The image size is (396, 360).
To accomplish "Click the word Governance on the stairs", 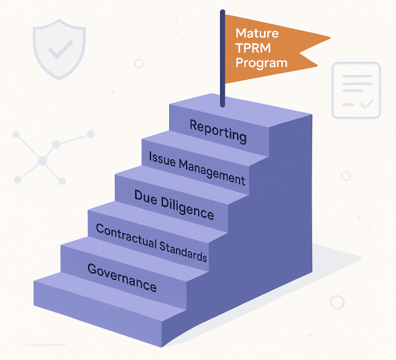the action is coord(122,277).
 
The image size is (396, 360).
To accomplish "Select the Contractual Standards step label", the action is coord(152,242).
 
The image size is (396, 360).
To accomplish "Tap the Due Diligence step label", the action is coord(174,205).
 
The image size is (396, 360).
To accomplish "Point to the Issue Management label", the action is coord(197,168).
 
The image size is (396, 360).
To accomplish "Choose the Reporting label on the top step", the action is coord(218,132).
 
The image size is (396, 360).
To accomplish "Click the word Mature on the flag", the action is coord(257,33).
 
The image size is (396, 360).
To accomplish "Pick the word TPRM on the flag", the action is coord(253,48).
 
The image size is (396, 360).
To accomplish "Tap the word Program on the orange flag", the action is coord(261,63).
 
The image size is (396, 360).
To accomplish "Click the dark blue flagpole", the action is coord(222,58).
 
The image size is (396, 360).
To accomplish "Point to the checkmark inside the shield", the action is coord(60,49).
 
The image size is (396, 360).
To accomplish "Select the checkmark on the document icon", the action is coord(366,104).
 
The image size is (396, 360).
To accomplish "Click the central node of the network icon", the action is coord(42,161).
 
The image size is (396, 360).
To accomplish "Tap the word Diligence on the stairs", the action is coord(187,209).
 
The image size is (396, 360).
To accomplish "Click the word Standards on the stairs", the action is coord(183,252).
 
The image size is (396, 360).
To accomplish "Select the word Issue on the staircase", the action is coord(162,160).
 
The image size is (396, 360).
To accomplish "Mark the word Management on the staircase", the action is coord(212,173).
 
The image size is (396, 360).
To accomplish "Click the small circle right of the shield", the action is coord(139,63).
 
